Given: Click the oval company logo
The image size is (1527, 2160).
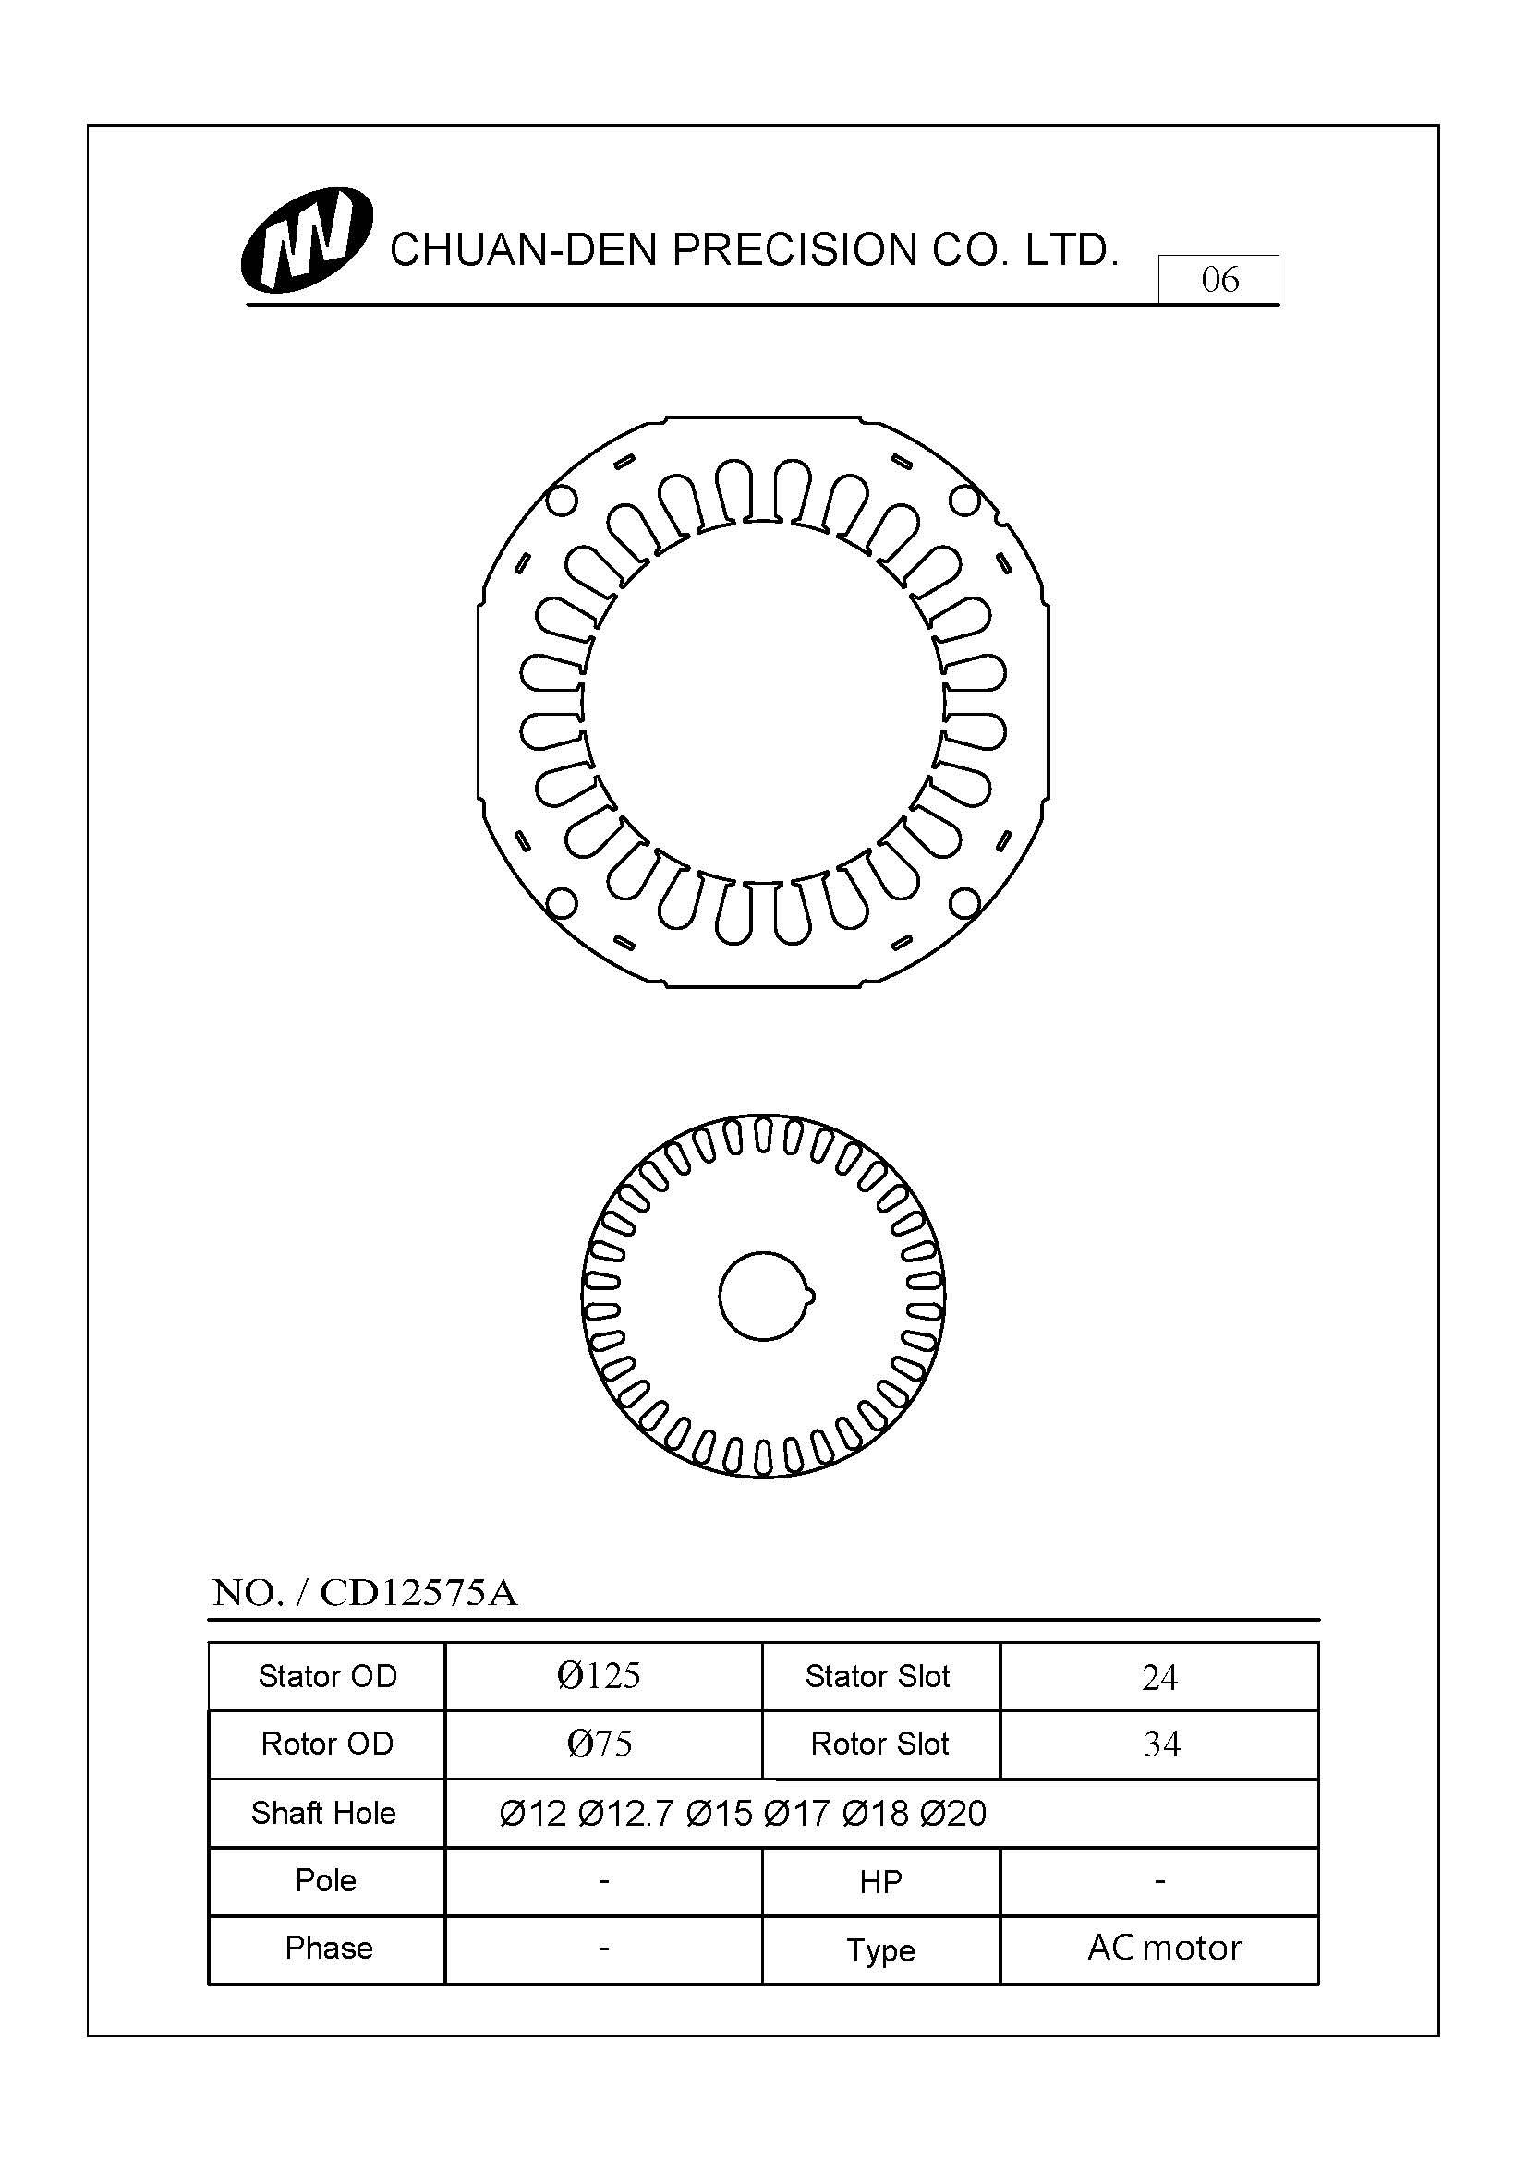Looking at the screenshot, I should [307, 241].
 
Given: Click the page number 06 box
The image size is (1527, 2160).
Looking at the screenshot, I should [1218, 280].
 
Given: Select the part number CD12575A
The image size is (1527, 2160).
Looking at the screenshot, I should [418, 1593].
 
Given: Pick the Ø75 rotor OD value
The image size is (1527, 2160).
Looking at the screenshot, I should [600, 1744].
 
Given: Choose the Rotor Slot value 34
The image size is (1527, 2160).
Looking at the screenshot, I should [1161, 1744].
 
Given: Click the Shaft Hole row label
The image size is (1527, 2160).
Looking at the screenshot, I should [323, 1812].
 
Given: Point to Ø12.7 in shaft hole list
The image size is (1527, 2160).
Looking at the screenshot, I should [625, 1813].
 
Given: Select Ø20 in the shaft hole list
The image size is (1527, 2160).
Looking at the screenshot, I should [952, 1813].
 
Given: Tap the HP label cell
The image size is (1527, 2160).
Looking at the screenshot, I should [879, 1880].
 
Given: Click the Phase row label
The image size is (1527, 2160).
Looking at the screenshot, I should [328, 1947].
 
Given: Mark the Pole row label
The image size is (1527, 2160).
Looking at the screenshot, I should [325, 1879].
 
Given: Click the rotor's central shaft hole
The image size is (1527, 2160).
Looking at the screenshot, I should [762, 1296].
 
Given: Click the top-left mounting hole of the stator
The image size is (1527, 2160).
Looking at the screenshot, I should [561, 501].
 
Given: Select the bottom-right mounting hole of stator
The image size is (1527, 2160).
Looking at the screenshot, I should [964, 903].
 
